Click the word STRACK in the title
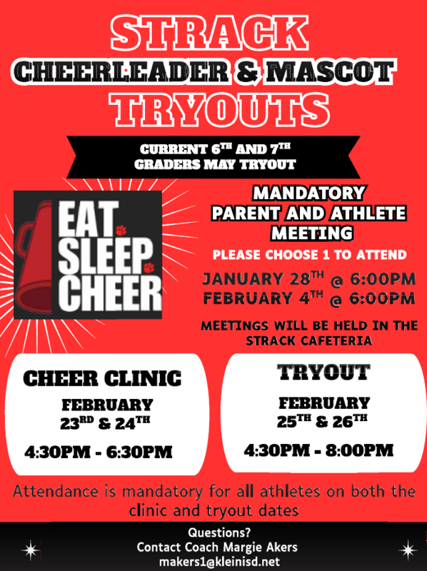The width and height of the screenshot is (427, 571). coord(213,34)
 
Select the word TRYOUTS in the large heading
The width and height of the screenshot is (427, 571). coord(213,108)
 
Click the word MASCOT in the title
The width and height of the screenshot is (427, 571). coord(330,71)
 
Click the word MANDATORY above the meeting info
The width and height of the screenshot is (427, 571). coord(308,193)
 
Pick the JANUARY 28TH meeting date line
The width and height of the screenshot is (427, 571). coord(308,278)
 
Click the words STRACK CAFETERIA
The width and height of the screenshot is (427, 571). coord(308,340)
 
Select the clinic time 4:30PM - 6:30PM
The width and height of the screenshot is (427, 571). coord(98,452)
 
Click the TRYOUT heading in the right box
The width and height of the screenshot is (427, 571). coord(323,372)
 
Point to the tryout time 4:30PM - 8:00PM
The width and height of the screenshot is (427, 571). coord(318,450)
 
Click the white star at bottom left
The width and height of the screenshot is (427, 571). coord(30,550)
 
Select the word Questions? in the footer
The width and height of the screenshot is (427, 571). coord(213,532)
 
